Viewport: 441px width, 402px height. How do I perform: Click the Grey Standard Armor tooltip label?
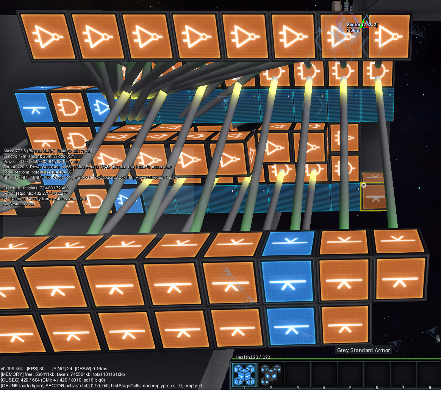click(363, 350)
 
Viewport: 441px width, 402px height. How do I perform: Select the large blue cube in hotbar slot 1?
click(244, 375)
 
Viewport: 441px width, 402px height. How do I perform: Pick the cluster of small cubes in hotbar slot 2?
click(271, 375)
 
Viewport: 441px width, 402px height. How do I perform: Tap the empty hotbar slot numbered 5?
click(350, 375)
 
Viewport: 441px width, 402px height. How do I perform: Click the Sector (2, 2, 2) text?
click(362, 25)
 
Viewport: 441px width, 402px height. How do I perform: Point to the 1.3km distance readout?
click(353, 30)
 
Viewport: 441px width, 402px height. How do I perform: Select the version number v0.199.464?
click(12, 369)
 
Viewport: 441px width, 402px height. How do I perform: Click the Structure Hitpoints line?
click(36, 188)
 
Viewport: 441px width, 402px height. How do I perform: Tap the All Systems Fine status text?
click(19, 204)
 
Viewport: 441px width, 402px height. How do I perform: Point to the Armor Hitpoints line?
click(36, 193)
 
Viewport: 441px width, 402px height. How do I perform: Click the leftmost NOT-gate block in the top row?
click(47, 37)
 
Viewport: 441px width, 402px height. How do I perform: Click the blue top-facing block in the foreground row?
click(288, 242)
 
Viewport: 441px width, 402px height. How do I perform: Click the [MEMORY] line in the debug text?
click(63, 374)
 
